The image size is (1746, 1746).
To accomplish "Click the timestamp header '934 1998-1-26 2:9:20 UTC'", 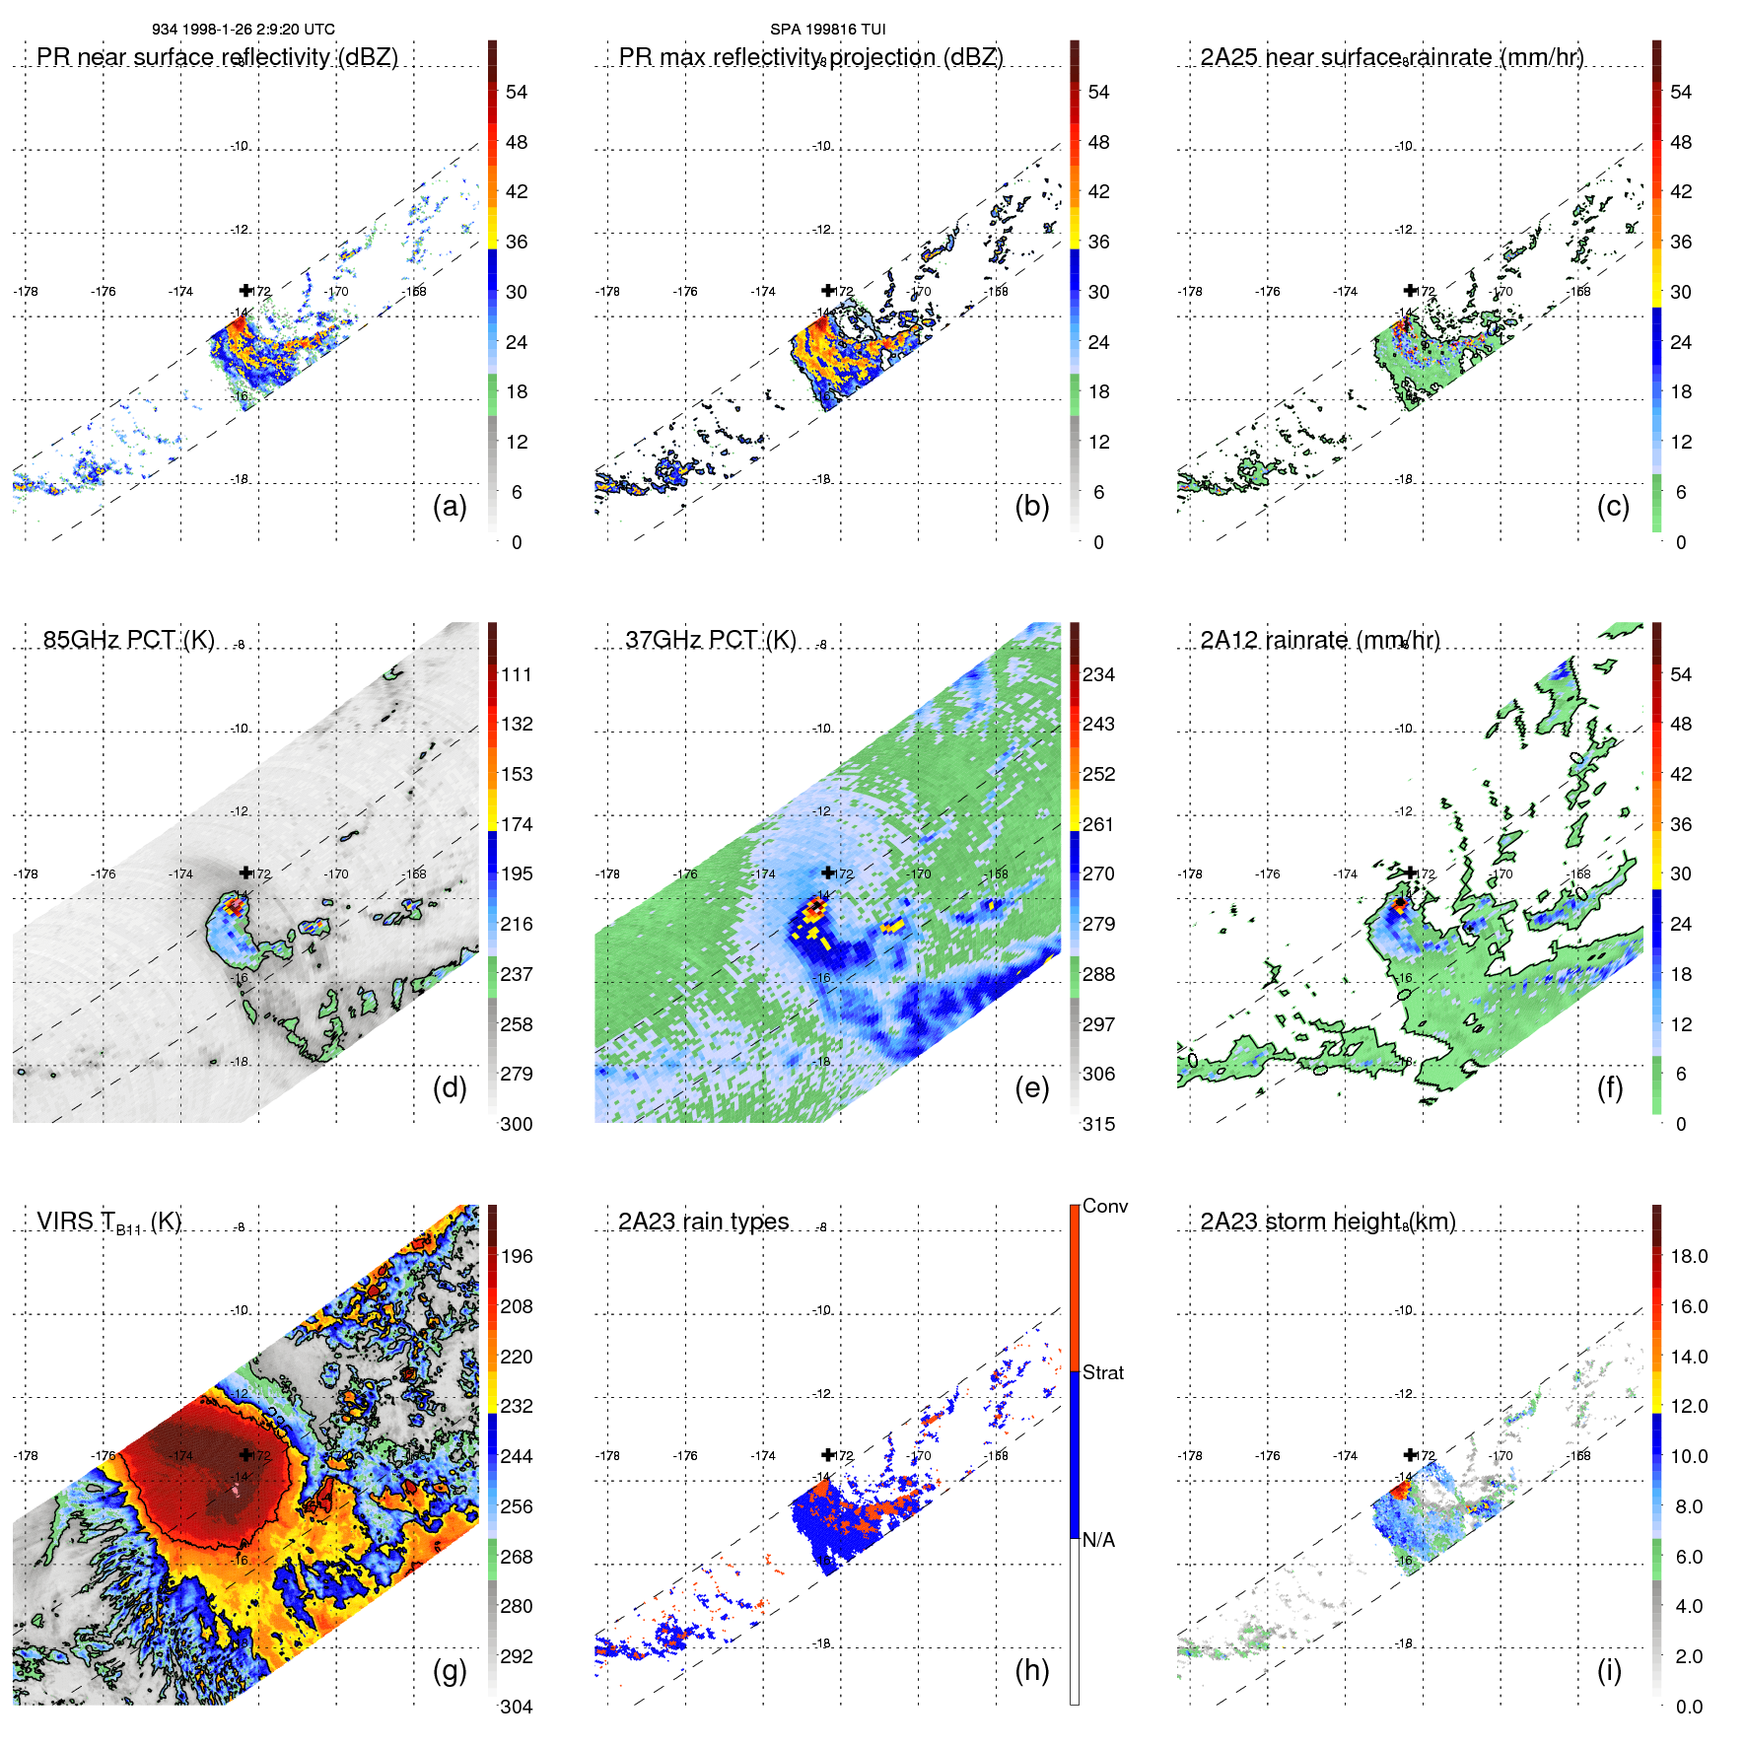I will (x=244, y=30).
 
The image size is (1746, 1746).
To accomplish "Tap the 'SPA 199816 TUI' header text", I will (x=827, y=30).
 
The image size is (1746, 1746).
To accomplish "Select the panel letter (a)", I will (x=450, y=506).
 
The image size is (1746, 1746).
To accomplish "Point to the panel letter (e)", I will (x=1031, y=1087).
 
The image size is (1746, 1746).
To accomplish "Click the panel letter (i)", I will (x=1609, y=1670).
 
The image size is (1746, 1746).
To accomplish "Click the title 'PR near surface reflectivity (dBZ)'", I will (x=217, y=57).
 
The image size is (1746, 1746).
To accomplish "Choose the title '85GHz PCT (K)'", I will (x=128, y=640).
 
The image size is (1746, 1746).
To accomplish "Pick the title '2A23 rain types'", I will (x=703, y=1222).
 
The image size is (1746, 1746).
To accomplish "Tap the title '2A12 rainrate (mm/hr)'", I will (x=1319, y=640).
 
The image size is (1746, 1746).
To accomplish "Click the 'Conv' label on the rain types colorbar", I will (x=1104, y=1206).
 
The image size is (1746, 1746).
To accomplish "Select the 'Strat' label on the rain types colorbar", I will (x=1102, y=1372).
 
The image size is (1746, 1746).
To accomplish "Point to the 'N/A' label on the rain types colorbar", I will (x=1098, y=1540).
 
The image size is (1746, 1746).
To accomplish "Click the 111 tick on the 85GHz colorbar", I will (x=517, y=674).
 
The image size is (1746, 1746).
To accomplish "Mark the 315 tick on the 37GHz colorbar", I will (x=1098, y=1124).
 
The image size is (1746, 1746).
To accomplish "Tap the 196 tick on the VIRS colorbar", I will (x=517, y=1256).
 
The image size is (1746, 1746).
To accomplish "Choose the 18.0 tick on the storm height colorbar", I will (x=1688, y=1256).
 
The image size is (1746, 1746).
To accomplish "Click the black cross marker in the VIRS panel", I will (x=245, y=1455).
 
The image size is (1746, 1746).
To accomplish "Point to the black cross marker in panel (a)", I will (x=245, y=291).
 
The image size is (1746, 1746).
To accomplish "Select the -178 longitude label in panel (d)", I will (x=26, y=873).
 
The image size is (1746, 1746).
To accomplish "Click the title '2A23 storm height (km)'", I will (x=1327, y=1222).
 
